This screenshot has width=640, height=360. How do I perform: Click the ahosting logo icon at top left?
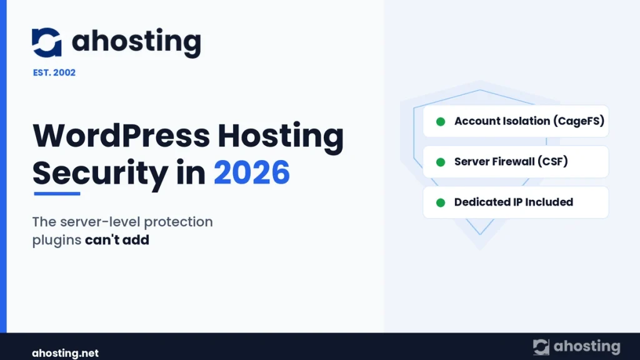pyautogui.click(x=46, y=42)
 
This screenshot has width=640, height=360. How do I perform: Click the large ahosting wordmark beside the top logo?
pyautogui.click(x=136, y=42)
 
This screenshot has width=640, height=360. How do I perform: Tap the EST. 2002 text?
pyautogui.click(x=54, y=72)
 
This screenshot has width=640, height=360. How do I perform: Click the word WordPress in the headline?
pyautogui.click(x=121, y=136)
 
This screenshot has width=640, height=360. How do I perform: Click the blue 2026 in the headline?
pyautogui.click(x=252, y=172)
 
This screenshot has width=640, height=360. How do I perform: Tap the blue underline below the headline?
pyautogui.click(x=57, y=194)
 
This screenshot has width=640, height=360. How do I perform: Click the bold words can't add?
pyautogui.click(x=117, y=239)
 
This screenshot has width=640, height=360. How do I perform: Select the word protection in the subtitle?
pyautogui.click(x=178, y=222)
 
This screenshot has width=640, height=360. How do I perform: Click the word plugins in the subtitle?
pyautogui.click(x=57, y=241)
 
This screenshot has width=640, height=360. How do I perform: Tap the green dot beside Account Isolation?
pyautogui.click(x=441, y=122)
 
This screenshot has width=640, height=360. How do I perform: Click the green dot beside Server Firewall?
pyautogui.click(x=441, y=162)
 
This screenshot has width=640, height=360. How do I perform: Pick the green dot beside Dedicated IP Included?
pyautogui.click(x=441, y=202)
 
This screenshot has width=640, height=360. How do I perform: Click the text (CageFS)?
pyautogui.click(x=579, y=121)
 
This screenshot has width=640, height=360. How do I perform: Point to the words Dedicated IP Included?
pyautogui.click(x=514, y=202)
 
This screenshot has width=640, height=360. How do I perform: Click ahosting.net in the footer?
pyautogui.click(x=65, y=353)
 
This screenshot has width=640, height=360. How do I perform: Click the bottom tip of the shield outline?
pyautogui.click(x=480, y=234)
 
